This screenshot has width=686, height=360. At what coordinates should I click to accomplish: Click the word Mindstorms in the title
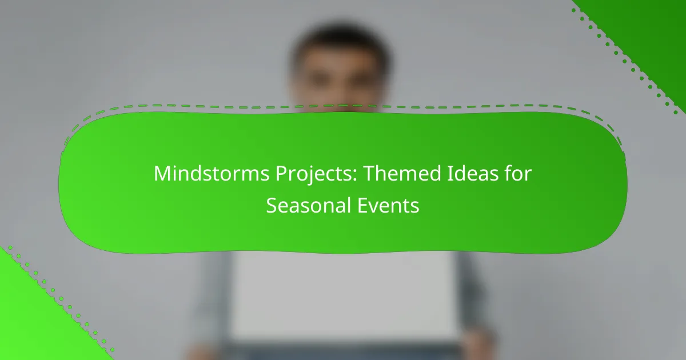tap(212, 173)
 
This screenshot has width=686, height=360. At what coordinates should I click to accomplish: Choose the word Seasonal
tap(308, 205)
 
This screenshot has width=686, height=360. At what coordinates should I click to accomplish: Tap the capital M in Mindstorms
tap(162, 174)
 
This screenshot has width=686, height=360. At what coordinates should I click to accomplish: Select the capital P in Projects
tap(281, 174)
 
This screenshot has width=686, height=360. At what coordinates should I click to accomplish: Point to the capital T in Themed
tap(370, 174)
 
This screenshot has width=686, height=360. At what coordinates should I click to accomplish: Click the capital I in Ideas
tap(449, 174)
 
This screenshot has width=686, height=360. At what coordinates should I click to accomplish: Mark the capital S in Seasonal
tap(272, 205)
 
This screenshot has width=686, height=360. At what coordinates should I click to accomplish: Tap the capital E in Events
tap(362, 205)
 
